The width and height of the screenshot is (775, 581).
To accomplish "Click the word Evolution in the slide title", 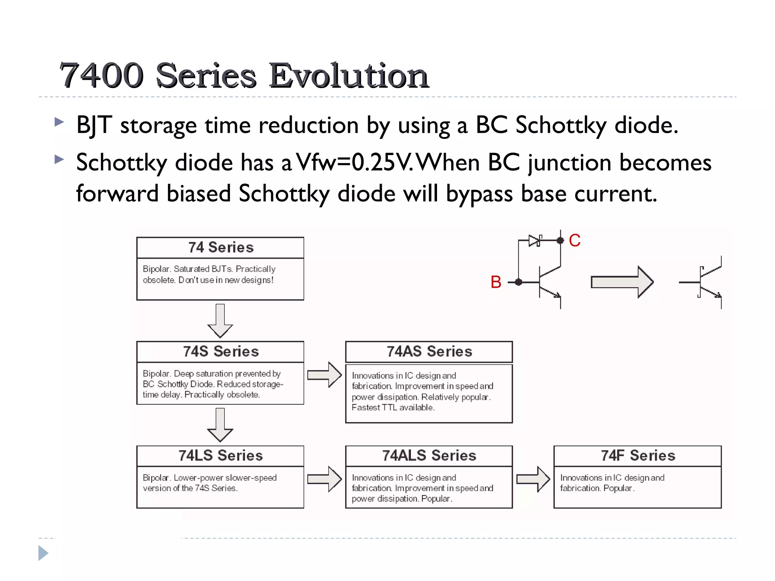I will coord(349,76).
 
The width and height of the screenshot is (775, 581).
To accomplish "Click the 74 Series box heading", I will coord(221,247).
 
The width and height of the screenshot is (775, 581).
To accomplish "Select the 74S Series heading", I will coord(221,351).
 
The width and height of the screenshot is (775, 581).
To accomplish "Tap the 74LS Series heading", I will coord(221,455).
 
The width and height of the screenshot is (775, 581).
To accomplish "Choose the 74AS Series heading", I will coord(429,351).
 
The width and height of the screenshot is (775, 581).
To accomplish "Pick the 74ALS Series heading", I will coord(429,455).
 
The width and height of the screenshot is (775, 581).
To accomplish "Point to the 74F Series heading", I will coord(638,455).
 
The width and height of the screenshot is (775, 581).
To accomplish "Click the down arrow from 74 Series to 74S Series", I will coord(220,321).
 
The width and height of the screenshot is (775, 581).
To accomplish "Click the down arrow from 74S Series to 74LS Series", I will coord(220,425).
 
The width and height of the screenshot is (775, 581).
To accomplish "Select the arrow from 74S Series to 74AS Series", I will coord(325,375).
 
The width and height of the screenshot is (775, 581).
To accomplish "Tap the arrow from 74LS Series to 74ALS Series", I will coord(325,479).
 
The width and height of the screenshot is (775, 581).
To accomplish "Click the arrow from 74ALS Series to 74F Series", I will coord(533,479).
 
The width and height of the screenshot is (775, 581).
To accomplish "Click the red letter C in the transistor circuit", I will coord(574,241).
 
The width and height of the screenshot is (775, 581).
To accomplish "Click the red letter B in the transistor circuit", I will coord(496,282).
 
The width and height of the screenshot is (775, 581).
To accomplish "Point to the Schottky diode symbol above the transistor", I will coord(535,240).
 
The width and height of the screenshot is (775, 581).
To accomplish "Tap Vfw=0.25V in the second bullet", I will coord(354,163).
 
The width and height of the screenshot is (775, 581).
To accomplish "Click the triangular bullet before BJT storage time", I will coord(59,122).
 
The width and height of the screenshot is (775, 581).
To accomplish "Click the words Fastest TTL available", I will coord(393,407).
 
